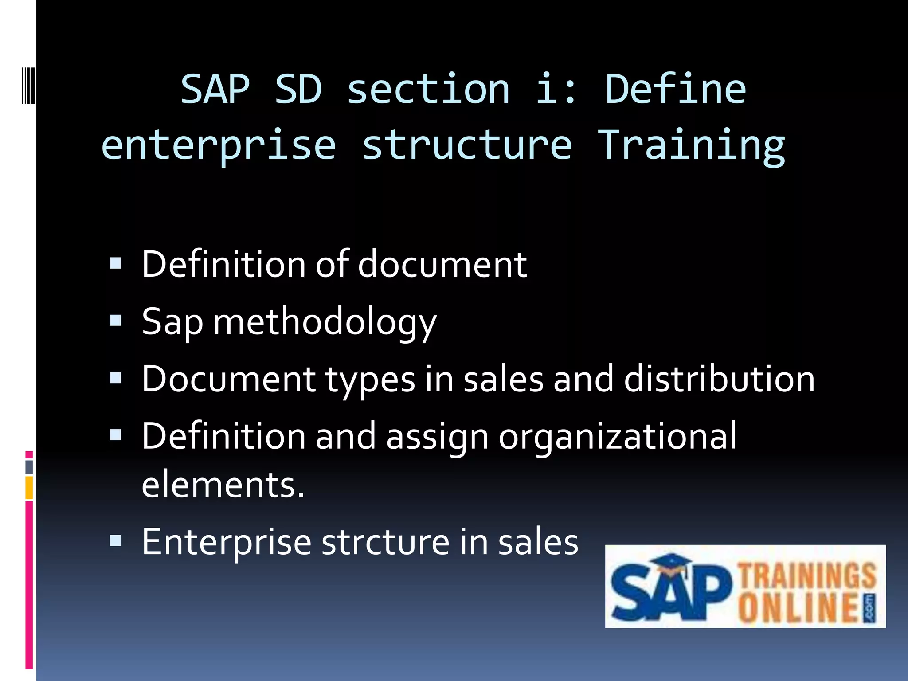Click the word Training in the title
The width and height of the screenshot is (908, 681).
(x=692, y=145)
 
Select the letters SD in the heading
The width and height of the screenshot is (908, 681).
(x=298, y=90)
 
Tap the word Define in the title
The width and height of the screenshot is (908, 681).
(x=676, y=90)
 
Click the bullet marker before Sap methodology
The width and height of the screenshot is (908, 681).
(x=115, y=320)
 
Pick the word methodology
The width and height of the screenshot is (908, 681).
(x=325, y=322)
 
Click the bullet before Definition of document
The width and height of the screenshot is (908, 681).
(x=115, y=263)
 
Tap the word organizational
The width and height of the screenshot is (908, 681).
(x=618, y=437)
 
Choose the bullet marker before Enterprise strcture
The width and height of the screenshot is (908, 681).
(x=115, y=540)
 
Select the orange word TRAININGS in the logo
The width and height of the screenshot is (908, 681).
(x=807, y=575)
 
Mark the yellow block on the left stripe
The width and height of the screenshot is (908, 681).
(x=29, y=487)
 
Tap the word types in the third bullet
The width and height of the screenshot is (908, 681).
(x=370, y=380)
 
